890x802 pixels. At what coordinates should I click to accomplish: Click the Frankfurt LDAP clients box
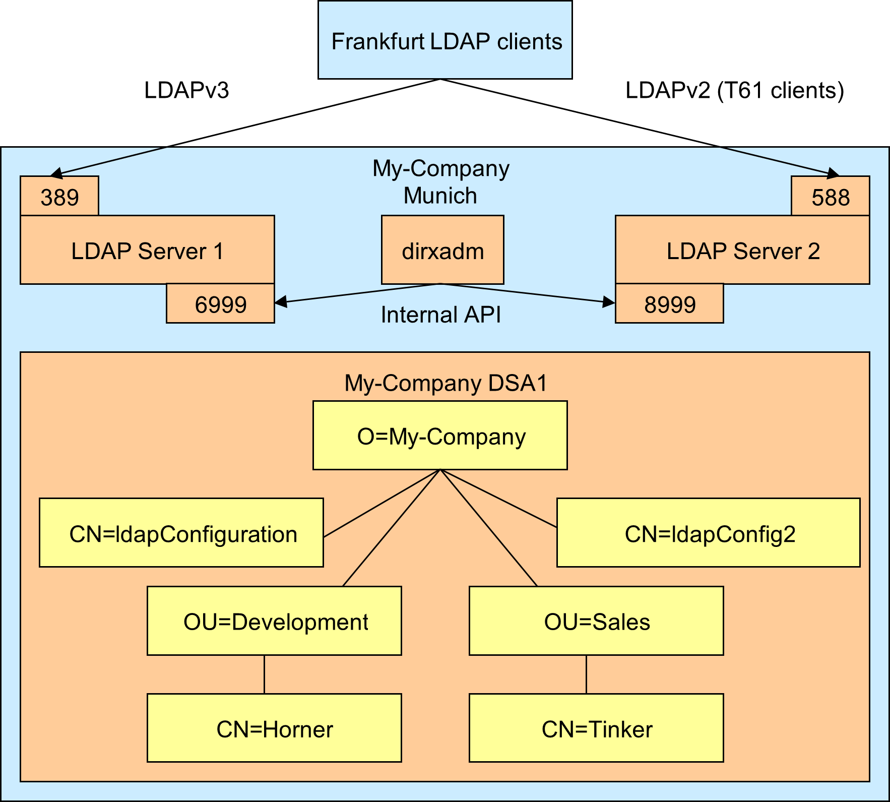pyautogui.click(x=445, y=40)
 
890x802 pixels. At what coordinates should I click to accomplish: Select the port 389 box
pyautogui.click(x=59, y=197)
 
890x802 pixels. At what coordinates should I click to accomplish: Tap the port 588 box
pyautogui.click(x=830, y=197)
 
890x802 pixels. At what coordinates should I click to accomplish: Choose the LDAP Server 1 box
pyautogui.click(x=147, y=251)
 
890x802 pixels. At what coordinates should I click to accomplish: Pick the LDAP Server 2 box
pyautogui.click(x=742, y=251)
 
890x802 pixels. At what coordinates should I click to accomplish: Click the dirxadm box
pyautogui.click(x=442, y=251)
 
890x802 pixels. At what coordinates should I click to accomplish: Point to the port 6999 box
pyautogui.click(x=220, y=304)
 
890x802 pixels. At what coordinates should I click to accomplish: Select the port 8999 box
pyautogui.click(x=669, y=304)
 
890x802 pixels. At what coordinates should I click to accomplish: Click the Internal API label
pyautogui.click(x=440, y=315)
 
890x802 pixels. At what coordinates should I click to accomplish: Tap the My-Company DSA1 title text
pyautogui.click(x=446, y=383)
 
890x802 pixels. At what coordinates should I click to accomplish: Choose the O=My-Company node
pyautogui.click(x=440, y=436)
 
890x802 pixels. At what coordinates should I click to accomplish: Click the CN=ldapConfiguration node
pyautogui.click(x=181, y=533)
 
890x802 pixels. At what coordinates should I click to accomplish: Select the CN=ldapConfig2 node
pyautogui.click(x=708, y=533)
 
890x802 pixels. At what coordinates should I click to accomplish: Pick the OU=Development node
pyautogui.click(x=274, y=621)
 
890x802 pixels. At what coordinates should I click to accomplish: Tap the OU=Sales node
pyautogui.click(x=596, y=621)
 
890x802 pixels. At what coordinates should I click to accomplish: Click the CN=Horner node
pyautogui.click(x=274, y=728)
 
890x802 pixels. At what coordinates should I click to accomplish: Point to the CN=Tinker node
pyautogui.click(x=596, y=728)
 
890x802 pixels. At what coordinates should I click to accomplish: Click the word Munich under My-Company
pyautogui.click(x=440, y=196)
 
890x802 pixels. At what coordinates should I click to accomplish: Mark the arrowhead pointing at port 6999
pyautogui.click(x=281, y=302)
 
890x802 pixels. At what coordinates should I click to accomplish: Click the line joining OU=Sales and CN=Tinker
pyautogui.click(x=586, y=674)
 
